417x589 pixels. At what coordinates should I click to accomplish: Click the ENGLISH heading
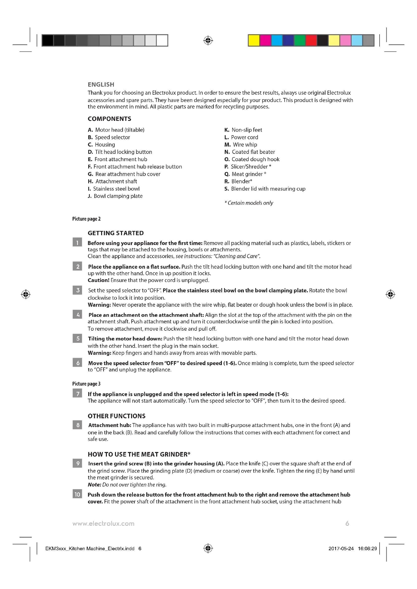[x=101, y=84]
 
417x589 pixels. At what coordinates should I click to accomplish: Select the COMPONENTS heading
[x=109, y=119]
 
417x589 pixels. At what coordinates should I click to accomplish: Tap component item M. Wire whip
[x=241, y=145]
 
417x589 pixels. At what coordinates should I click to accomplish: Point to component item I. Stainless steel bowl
[x=114, y=189]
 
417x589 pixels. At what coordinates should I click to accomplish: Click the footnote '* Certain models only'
[x=249, y=203]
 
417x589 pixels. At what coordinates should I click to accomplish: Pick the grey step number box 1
[x=77, y=242]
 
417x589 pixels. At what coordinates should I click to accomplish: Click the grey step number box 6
[x=77, y=362]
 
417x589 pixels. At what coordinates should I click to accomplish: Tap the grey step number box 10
[x=77, y=494]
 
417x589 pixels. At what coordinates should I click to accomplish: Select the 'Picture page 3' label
[x=86, y=384]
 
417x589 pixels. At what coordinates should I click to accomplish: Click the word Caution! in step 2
[x=99, y=280]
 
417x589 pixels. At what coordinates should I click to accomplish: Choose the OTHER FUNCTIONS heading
[x=116, y=416]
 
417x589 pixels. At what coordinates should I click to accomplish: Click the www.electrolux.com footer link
[x=103, y=524]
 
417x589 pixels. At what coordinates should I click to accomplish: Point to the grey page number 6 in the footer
[x=347, y=523]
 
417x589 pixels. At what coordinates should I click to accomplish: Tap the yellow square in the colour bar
[x=254, y=41]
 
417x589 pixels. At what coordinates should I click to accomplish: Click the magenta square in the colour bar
[x=265, y=41]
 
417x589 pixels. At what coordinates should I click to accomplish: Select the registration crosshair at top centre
[x=208, y=41]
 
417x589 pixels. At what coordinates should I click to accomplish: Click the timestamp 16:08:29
[x=367, y=548]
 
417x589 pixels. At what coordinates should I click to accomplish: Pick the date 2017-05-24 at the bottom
[x=341, y=548]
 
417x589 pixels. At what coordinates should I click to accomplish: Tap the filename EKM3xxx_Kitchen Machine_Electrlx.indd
[x=90, y=548]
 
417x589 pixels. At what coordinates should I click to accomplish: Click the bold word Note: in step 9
[x=94, y=484]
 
